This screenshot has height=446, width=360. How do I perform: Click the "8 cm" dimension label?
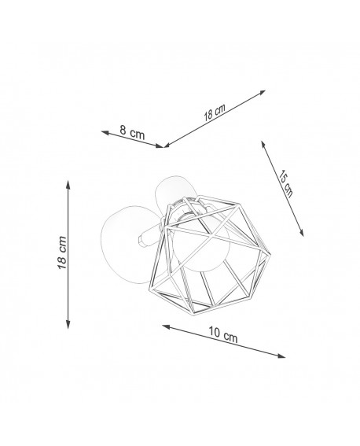pos(132,132)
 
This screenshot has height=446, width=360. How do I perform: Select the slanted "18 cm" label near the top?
pos(215,112)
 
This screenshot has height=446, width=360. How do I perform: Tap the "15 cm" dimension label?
pos(285,183)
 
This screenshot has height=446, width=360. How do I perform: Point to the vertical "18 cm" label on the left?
pos(62,252)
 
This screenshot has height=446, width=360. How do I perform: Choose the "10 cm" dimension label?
pos(223,334)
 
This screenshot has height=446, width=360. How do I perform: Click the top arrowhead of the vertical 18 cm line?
pos(68,184)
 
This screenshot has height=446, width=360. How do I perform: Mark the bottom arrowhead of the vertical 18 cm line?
pos(68,325)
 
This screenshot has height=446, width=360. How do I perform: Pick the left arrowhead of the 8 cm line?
pos(105,133)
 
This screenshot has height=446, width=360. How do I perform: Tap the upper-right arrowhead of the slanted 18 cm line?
pos(262,92)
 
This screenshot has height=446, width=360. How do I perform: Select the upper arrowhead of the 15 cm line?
pos(263,145)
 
